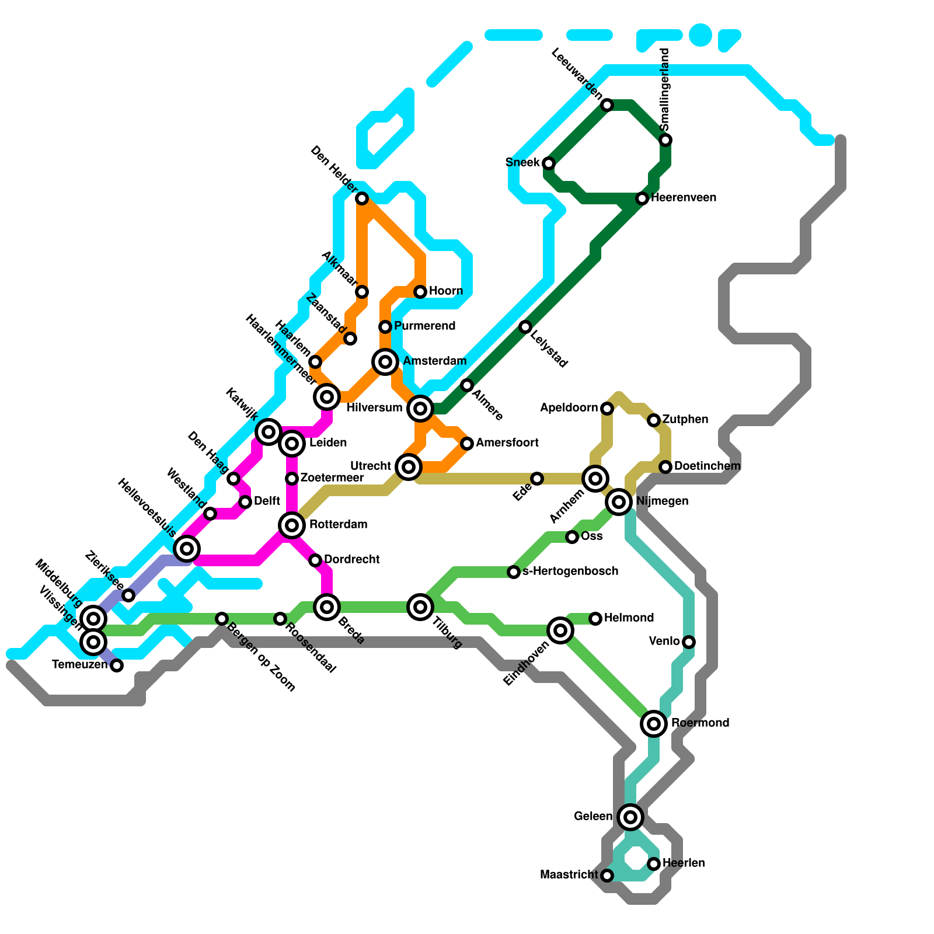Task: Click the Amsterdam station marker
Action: (385, 362)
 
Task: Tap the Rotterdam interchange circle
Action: (292, 525)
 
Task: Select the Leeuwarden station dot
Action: (607, 105)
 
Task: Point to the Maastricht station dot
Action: (607, 876)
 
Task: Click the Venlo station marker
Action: (689, 642)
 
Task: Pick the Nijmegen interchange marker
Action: (619, 501)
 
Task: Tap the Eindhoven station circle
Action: (560, 630)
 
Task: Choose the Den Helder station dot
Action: (362, 198)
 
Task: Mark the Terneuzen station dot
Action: (117, 665)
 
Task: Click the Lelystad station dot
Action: (525, 327)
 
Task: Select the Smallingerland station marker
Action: (665, 140)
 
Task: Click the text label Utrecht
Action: (370, 466)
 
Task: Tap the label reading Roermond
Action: (700, 723)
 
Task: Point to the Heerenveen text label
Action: (683, 197)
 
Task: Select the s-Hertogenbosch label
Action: (570, 571)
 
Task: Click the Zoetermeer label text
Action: (332, 478)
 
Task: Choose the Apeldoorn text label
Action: (569, 407)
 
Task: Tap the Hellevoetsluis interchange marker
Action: (187, 549)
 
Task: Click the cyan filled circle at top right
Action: (700, 35)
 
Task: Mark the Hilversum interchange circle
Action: (420, 409)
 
